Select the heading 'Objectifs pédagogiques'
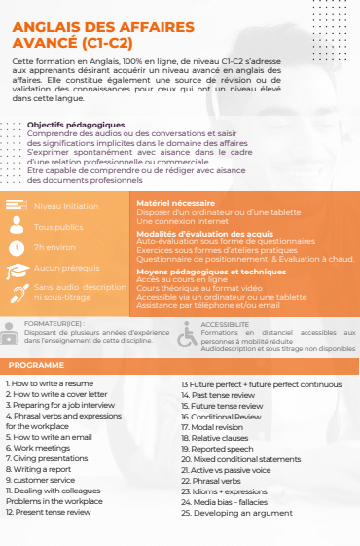coord(76,125)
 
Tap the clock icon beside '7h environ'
coord(16,247)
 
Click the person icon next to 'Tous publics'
coord(16,227)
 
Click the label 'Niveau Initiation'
coord(66,206)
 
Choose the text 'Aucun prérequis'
coord(67,268)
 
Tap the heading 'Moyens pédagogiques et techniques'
coord(198,272)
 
